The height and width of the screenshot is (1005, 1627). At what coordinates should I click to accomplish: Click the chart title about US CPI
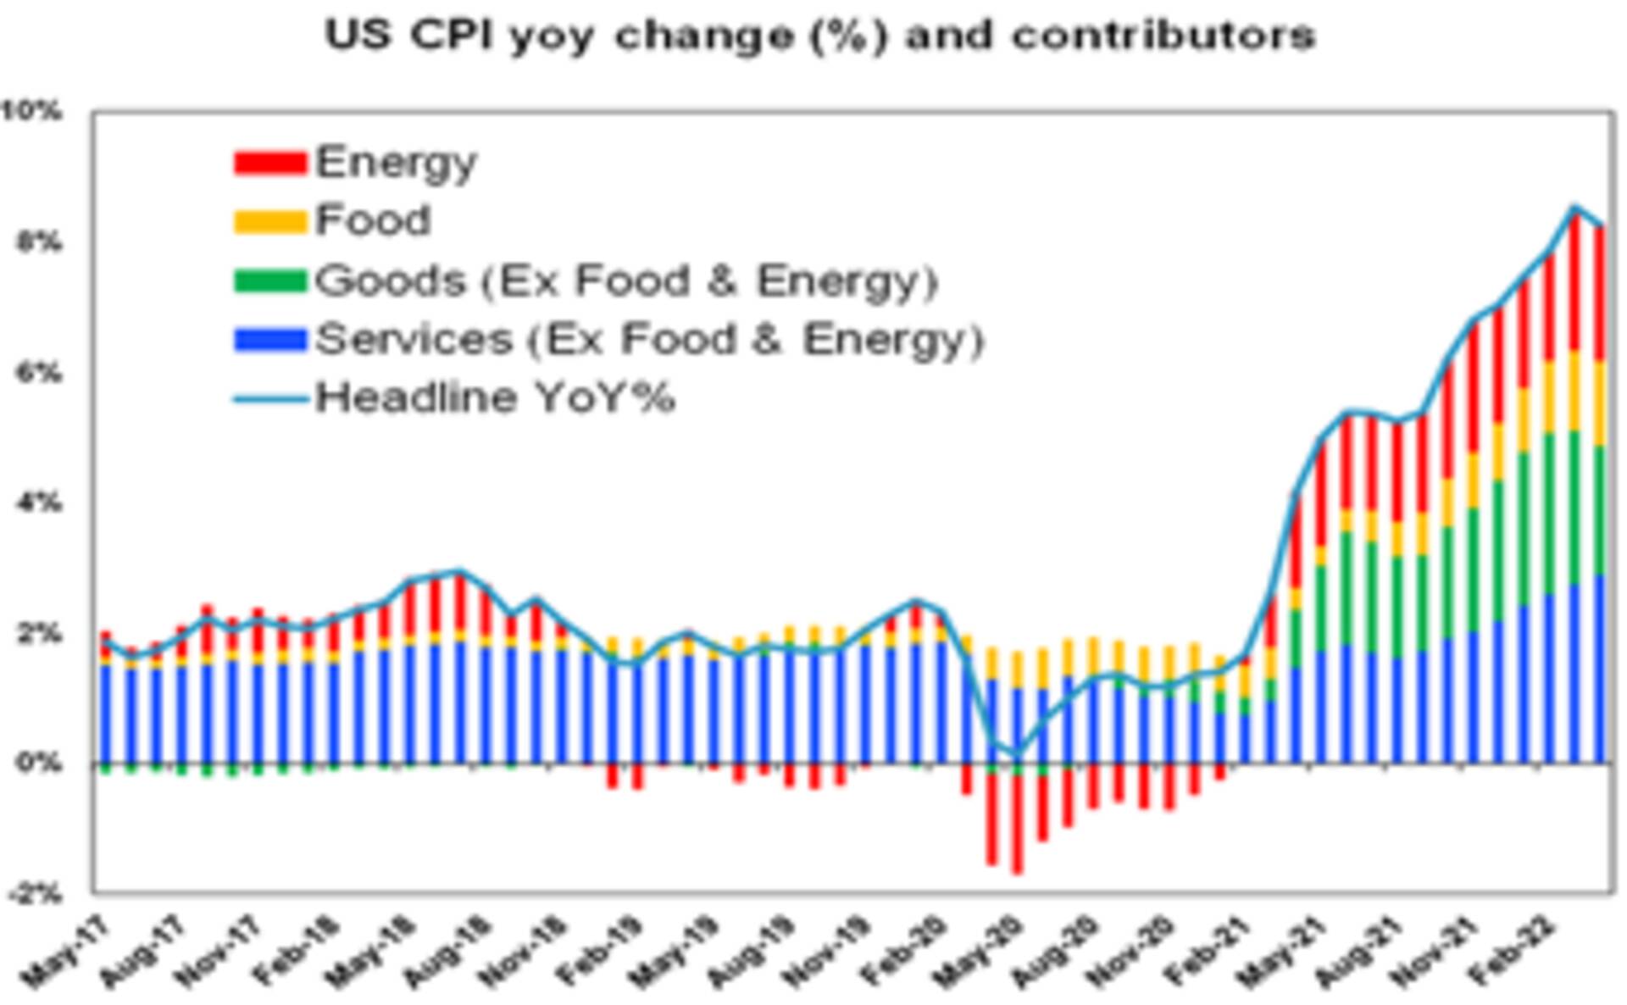[819, 36]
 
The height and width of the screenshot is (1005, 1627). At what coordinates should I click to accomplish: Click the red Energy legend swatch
[269, 162]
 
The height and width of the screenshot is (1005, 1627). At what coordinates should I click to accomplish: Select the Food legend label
[373, 220]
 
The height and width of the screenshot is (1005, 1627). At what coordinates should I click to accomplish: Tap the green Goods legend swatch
[269, 280]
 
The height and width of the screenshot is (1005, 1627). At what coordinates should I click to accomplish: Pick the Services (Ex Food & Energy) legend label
[649, 339]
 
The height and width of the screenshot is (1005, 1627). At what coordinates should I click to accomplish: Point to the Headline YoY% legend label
[495, 397]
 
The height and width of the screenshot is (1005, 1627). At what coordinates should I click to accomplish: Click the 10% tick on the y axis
[31, 110]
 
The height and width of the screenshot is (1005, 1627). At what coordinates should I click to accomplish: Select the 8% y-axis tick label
[38, 242]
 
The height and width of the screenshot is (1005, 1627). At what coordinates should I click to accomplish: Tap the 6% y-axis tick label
[38, 373]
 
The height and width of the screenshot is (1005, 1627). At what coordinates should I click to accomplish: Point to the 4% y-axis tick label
[38, 503]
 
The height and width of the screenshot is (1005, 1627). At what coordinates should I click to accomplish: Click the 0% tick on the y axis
[38, 763]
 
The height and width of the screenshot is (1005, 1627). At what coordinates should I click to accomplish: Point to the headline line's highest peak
[1574, 208]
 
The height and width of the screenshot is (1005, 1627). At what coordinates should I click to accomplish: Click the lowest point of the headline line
[1017, 753]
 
